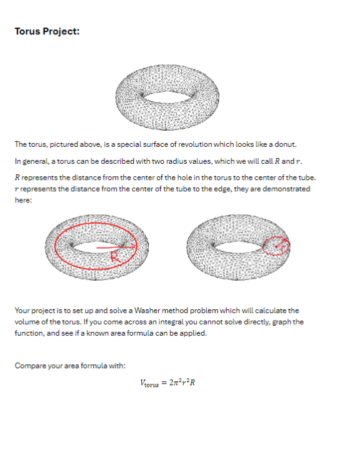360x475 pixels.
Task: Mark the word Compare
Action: [29, 366]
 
